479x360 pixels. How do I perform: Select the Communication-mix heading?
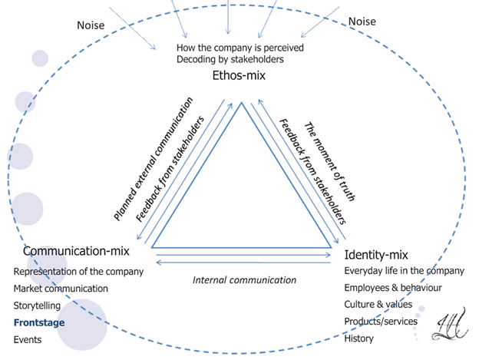pos(76,251)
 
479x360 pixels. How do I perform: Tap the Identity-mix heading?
pos(376,254)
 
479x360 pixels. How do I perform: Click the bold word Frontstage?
pos(39,322)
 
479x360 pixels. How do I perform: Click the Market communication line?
pos(61,289)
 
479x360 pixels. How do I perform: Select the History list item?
pos(359,339)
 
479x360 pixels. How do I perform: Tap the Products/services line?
pos(380,321)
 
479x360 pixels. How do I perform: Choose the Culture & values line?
pos(378,304)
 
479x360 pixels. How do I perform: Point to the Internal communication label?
pos(244,280)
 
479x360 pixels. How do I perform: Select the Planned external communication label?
pos(153,160)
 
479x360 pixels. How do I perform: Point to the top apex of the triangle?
pos(240,103)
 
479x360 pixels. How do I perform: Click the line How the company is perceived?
pos(240,47)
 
